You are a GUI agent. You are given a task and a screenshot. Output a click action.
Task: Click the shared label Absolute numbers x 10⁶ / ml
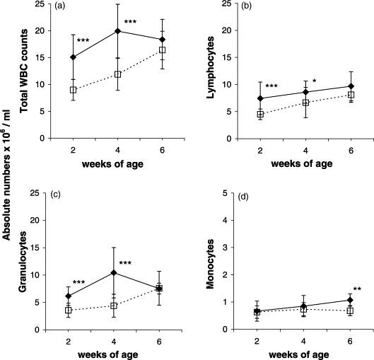9,177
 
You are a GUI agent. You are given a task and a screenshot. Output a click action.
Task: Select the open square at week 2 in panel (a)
73,90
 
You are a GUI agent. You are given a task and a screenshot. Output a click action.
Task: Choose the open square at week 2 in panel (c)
73,310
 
